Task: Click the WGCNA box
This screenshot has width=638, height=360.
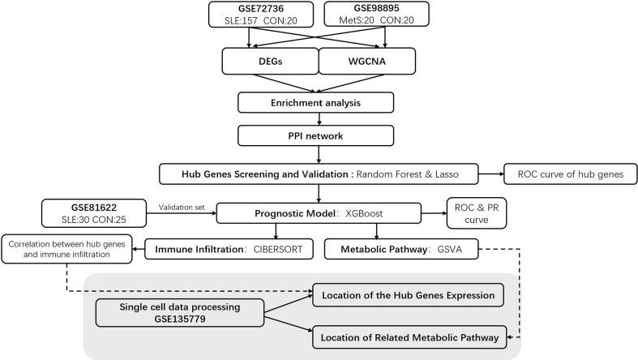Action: [x=366, y=62]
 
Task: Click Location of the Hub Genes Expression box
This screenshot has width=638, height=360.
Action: [x=410, y=293]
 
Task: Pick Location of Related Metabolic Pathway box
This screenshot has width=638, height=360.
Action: [x=410, y=336]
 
